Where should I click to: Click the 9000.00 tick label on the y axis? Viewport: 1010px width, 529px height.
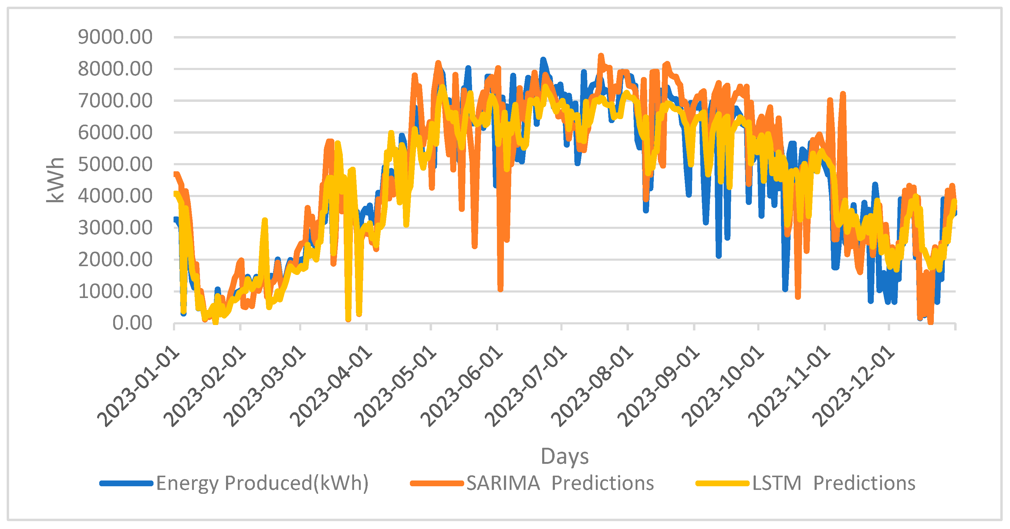pos(115,37)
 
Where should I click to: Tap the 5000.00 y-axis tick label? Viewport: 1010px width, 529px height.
pos(115,165)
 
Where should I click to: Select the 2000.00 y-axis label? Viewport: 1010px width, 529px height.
pos(115,260)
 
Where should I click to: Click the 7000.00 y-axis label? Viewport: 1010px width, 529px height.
pos(115,101)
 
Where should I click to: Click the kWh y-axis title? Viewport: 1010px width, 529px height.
pos(55,180)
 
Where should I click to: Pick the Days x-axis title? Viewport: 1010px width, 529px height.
pos(565,457)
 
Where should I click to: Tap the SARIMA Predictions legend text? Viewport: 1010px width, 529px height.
pos(560,483)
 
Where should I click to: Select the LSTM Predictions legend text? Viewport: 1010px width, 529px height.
pos(833,483)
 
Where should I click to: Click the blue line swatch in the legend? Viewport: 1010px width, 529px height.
pos(126,484)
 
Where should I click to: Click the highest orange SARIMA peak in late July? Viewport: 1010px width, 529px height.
pos(601,56)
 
